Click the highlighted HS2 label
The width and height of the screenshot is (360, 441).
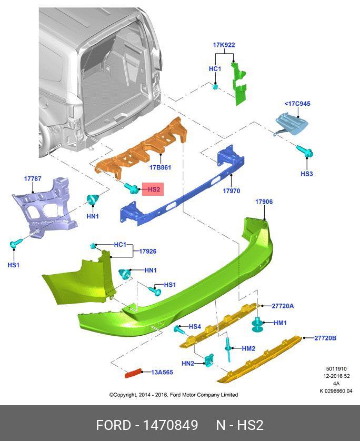153,189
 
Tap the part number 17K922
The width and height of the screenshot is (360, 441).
224,45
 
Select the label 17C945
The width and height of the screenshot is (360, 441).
297,104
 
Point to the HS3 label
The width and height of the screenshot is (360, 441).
307,173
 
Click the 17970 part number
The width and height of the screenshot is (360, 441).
231,191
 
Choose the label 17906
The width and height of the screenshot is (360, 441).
264,202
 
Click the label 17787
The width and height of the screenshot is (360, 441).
32,179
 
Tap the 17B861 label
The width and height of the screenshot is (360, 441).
160,167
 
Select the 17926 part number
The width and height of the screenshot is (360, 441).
147,252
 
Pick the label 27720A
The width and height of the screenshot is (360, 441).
283,306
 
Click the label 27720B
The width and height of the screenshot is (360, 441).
325,338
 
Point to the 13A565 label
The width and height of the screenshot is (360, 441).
162,372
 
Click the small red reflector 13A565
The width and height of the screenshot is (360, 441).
133,373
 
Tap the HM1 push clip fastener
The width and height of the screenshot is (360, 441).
258,324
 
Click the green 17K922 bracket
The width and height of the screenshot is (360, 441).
240,84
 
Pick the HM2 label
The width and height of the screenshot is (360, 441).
248,348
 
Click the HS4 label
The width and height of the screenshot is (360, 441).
195,327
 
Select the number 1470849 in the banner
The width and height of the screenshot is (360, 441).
171,425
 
